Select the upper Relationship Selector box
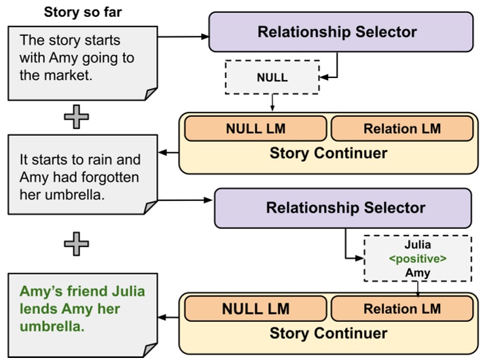(337, 32)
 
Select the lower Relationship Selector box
(345, 208)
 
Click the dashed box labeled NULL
(272, 77)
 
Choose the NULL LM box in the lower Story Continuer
(255, 309)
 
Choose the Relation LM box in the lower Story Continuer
(401, 309)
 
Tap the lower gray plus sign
(76, 244)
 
